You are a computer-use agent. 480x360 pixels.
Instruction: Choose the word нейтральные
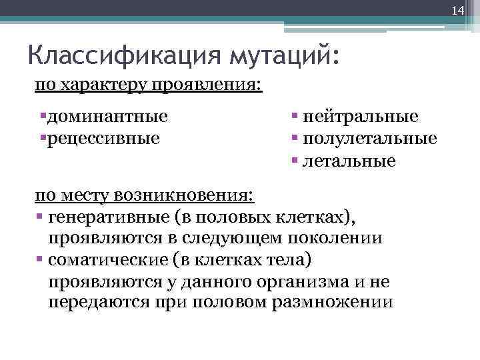361,117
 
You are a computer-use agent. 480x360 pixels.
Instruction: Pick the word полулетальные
370,139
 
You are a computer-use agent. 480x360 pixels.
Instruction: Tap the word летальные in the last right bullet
349,161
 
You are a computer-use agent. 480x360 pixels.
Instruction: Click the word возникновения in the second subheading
185,195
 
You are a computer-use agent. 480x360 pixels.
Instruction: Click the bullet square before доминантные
42,117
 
